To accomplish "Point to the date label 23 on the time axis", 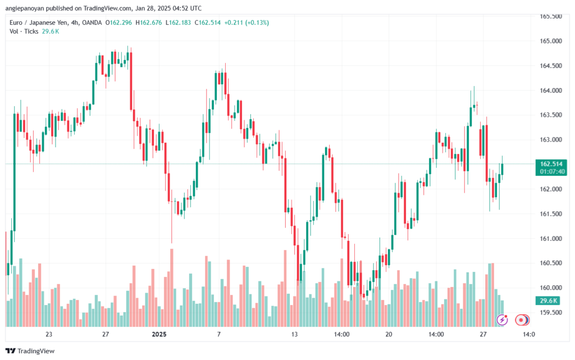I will [x=49, y=334].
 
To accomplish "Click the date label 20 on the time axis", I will [x=389, y=334].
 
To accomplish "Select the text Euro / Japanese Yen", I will [x=39, y=22].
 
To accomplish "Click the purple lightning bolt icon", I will [x=503, y=320].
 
